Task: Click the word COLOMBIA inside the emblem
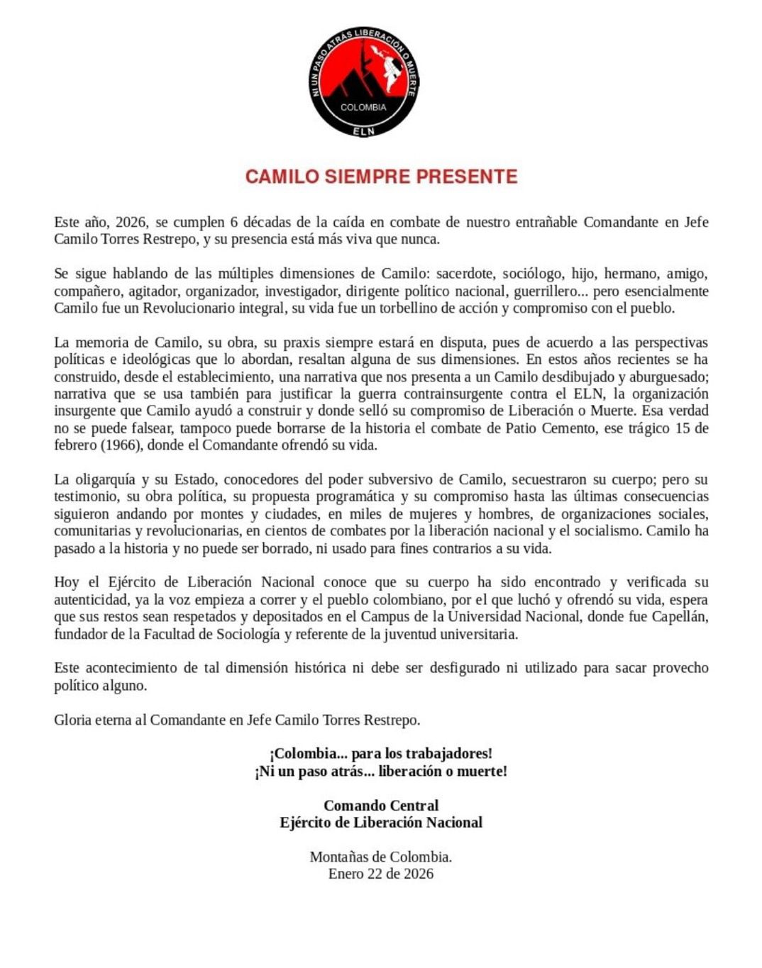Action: (x=363, y=108)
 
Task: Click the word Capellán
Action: (x=678, y=617)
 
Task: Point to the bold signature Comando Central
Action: (x=381, y=806)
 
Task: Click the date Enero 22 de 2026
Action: (x=380, y=874)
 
